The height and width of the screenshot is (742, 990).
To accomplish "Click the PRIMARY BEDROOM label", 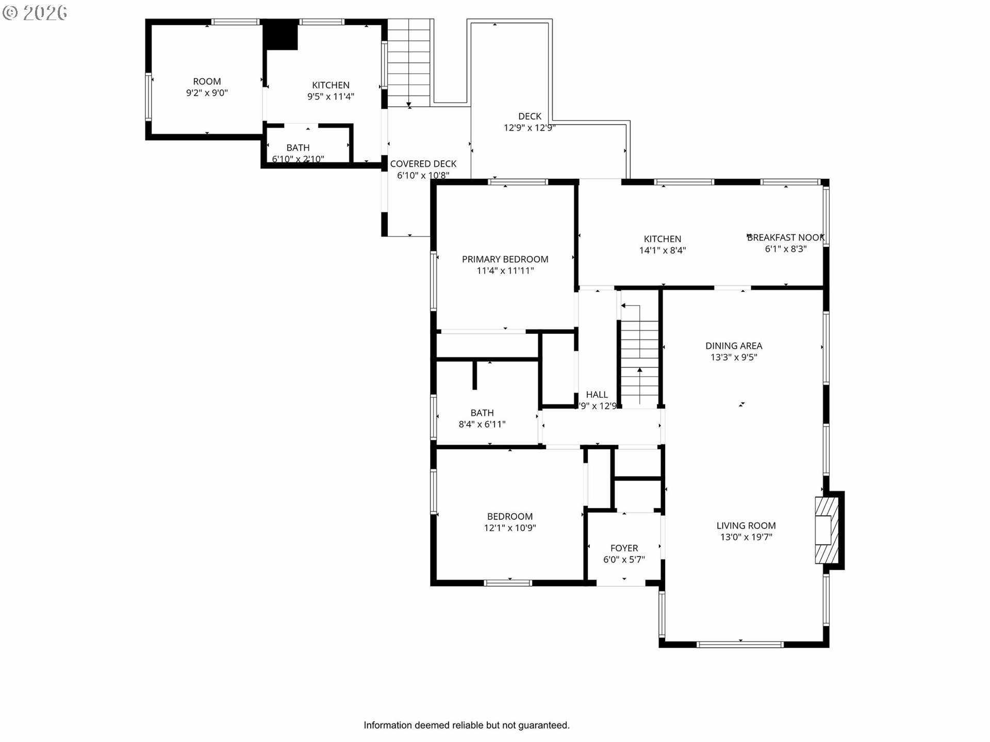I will (505, 259).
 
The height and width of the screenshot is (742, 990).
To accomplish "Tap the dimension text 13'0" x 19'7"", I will (746, 537).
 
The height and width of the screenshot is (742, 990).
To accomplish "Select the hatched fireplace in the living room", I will (827, 530).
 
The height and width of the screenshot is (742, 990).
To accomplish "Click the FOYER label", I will (624, 548).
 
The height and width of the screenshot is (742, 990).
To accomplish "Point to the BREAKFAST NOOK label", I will (785, 238).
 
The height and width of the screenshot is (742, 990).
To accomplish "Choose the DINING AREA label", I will (734, 346).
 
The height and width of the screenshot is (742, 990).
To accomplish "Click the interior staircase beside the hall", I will (639, 361).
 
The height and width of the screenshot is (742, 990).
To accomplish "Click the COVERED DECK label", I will (423, 164).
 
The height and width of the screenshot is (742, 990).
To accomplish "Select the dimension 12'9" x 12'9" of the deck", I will (529, 128).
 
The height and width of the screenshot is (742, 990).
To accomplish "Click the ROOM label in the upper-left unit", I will (207, 81).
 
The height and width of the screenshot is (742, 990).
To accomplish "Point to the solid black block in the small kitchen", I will (281, 35).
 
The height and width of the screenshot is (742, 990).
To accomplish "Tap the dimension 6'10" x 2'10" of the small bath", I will (298, 159).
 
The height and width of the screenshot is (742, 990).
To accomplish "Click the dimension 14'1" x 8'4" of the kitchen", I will (663, 250).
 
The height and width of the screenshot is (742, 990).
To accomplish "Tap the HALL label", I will (597, 395).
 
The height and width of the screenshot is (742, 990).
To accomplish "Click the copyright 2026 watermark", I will (35, 13).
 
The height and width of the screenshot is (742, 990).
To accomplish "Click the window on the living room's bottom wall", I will (740, 644).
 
